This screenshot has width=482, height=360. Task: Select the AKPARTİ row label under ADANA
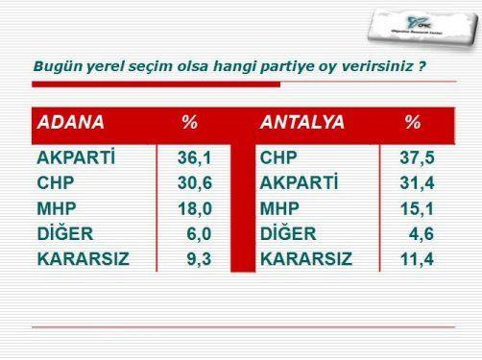click(x=76, y=157)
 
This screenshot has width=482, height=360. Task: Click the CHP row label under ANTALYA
click(x=279, y=157)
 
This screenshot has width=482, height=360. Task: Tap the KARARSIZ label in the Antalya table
click(x=306, y=258)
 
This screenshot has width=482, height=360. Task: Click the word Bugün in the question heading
click(x=55, y=67)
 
